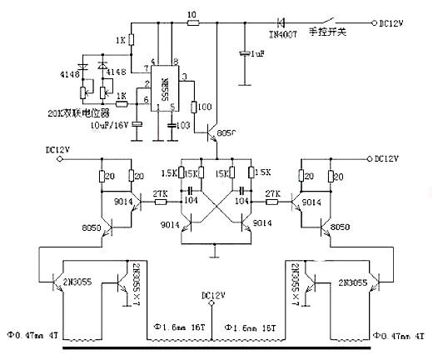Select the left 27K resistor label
click(x=161, y=192)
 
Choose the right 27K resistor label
click(x=271, y=192)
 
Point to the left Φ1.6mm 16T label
click(x=176, y=328)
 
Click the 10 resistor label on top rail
click(x=192, y=14)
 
